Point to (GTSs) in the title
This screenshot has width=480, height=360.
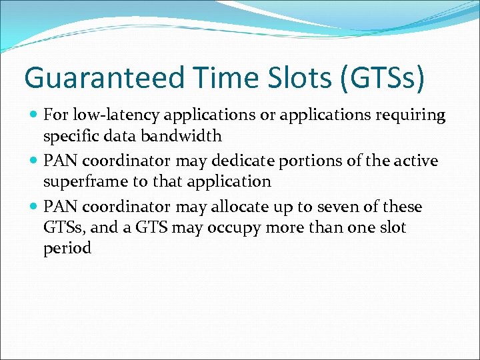pos(382,78)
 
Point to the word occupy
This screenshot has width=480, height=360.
pos(229,227)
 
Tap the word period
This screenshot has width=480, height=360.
pos(67,248)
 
